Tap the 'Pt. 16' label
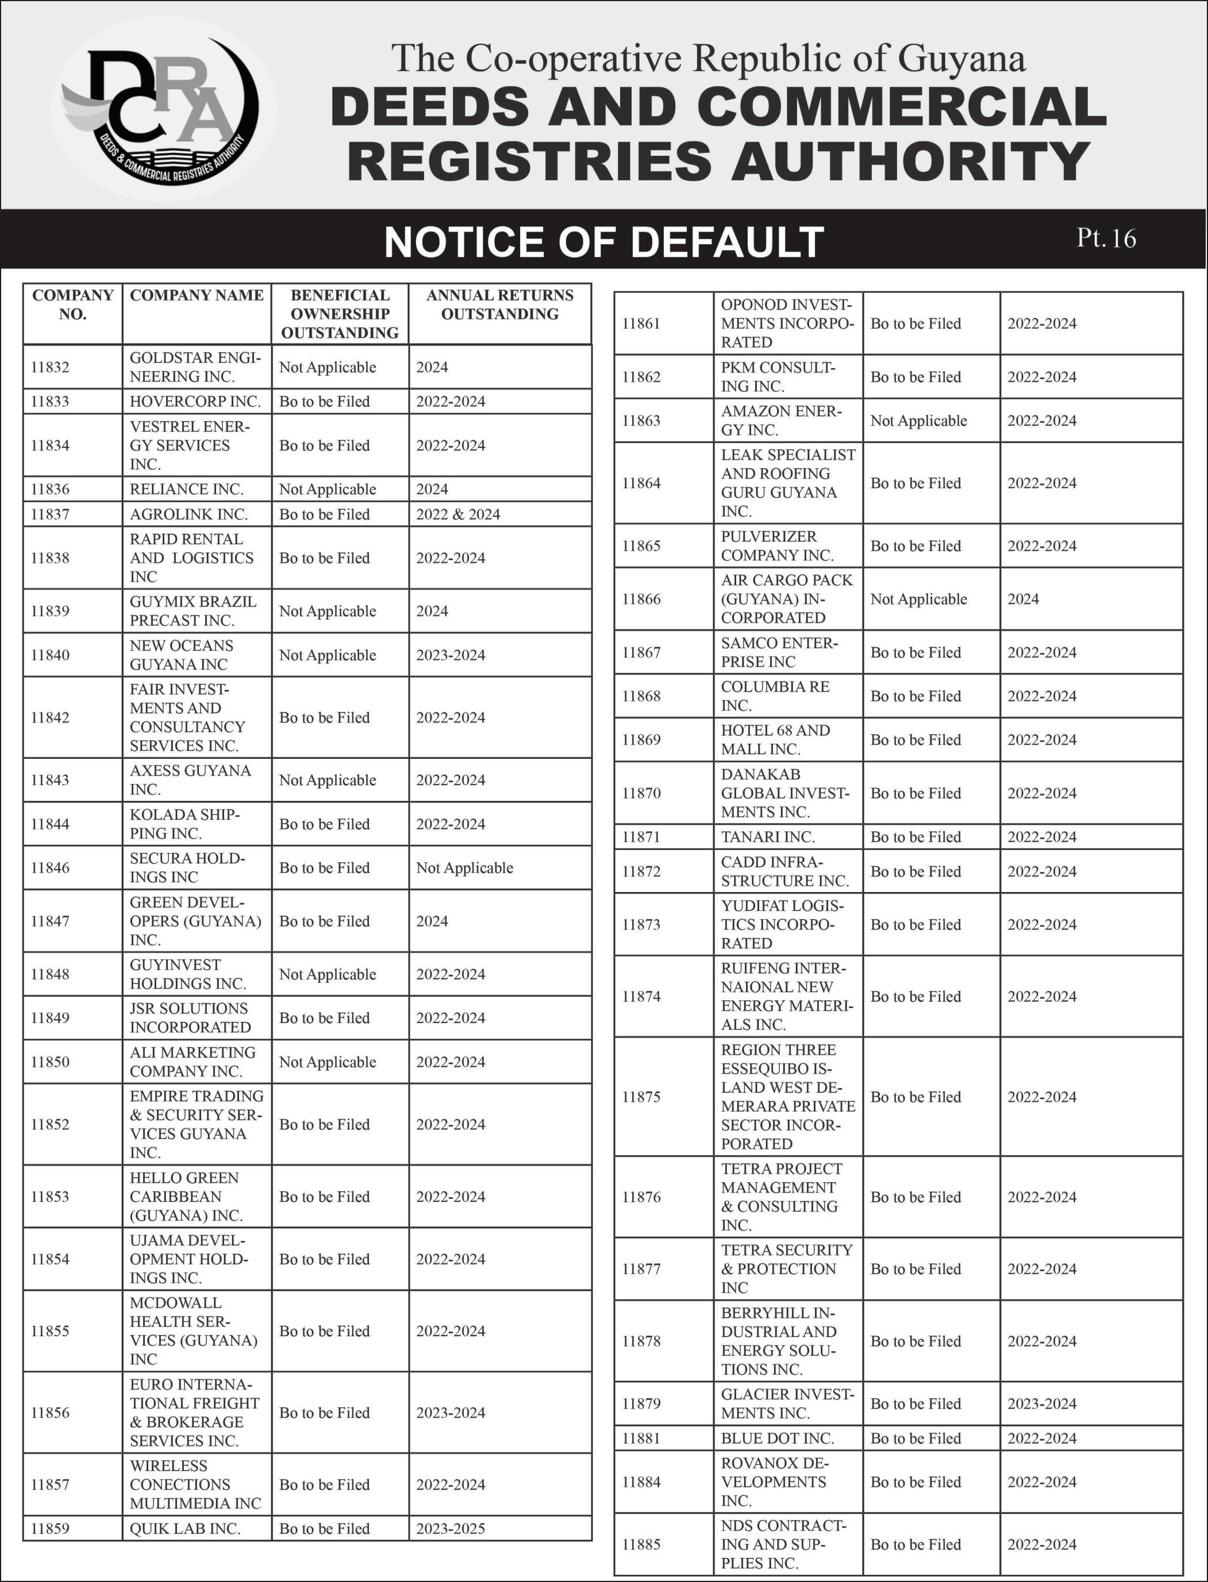pos(1106,238)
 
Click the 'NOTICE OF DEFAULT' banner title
pos(603,241)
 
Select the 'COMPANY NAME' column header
pos(197,295)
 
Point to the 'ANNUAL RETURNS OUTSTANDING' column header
pos(500,305)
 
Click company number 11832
pos(51,367)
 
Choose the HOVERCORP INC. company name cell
pos(195,401)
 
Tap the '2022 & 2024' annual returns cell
pos(458,514)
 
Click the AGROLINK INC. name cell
pos(188,514)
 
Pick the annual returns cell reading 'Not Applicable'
pos(464,867)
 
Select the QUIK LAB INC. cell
pos(185,1528)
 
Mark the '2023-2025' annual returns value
pos(450,1528)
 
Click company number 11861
pos(641,323)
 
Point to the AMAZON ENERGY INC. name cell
pos(780,420)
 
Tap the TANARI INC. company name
pos(767,836)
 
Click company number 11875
pos(641,1097)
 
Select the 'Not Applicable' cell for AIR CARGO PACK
pos(918,599)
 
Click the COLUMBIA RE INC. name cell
pos(775,696)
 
